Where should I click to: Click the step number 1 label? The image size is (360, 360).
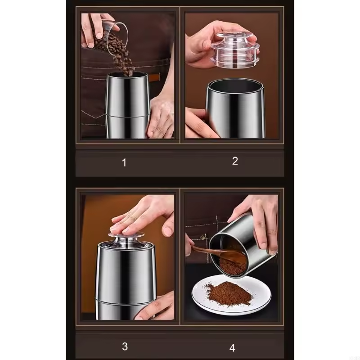click(124, 162)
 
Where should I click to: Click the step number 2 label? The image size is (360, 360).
click(235, 161)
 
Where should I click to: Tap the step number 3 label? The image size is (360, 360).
click(125, 346)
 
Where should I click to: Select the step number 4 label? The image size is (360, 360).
click(232, 347)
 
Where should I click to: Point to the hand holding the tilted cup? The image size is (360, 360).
click(261, 220)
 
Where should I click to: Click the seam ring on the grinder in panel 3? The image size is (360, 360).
click(126, 299)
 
